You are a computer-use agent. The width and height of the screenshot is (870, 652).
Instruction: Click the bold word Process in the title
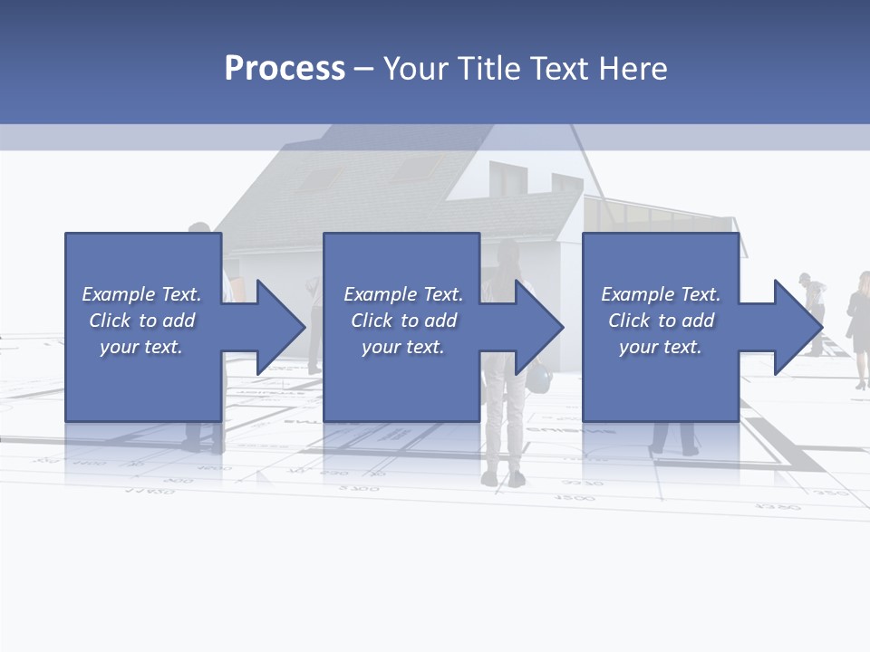click(x=285, y=69)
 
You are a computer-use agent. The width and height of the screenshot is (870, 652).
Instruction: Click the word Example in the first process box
click(x=118, y=294)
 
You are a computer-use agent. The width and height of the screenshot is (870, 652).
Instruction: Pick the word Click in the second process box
click(x=372, y=321)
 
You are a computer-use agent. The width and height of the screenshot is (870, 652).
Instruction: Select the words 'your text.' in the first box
click(x=141, y=347)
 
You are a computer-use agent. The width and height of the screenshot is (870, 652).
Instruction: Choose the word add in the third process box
click(x=699, y=321)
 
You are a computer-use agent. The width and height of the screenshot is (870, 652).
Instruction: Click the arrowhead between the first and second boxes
click(x=280, y=327)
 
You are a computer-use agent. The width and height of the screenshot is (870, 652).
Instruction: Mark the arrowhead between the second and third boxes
click(x=539, y=327)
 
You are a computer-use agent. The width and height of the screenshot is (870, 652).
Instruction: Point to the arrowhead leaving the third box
click(x=798, y=327)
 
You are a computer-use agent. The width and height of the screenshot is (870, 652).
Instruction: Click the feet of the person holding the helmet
click(x=503, y=478)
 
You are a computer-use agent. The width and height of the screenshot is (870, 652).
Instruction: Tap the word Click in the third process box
click(x=629, y=321)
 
